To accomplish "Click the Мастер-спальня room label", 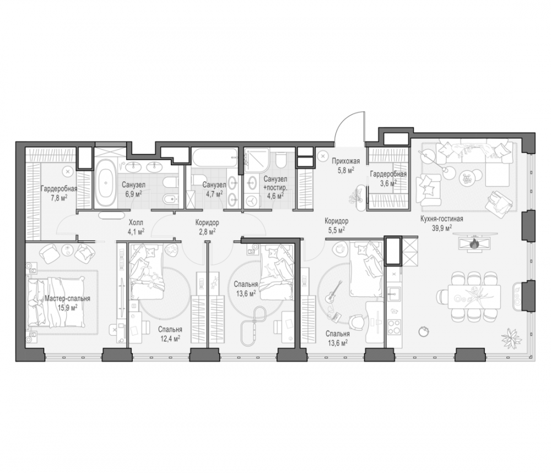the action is coord(67,299).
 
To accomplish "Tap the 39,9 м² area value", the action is coord(442,228).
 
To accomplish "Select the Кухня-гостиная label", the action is coord(442,219).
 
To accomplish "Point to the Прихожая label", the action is coord(346,161).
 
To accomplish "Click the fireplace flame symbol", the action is coord(474,242).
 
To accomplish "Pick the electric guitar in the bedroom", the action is coord(333,292).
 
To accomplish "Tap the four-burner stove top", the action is coord(395,326).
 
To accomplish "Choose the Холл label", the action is coord(136,222).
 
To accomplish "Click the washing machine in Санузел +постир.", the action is coord(252,200).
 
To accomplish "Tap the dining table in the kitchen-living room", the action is coord(474,297).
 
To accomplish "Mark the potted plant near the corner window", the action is coord(511,338).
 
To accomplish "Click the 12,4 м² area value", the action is coord(170,338).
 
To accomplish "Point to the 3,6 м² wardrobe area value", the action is coord(388,183).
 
